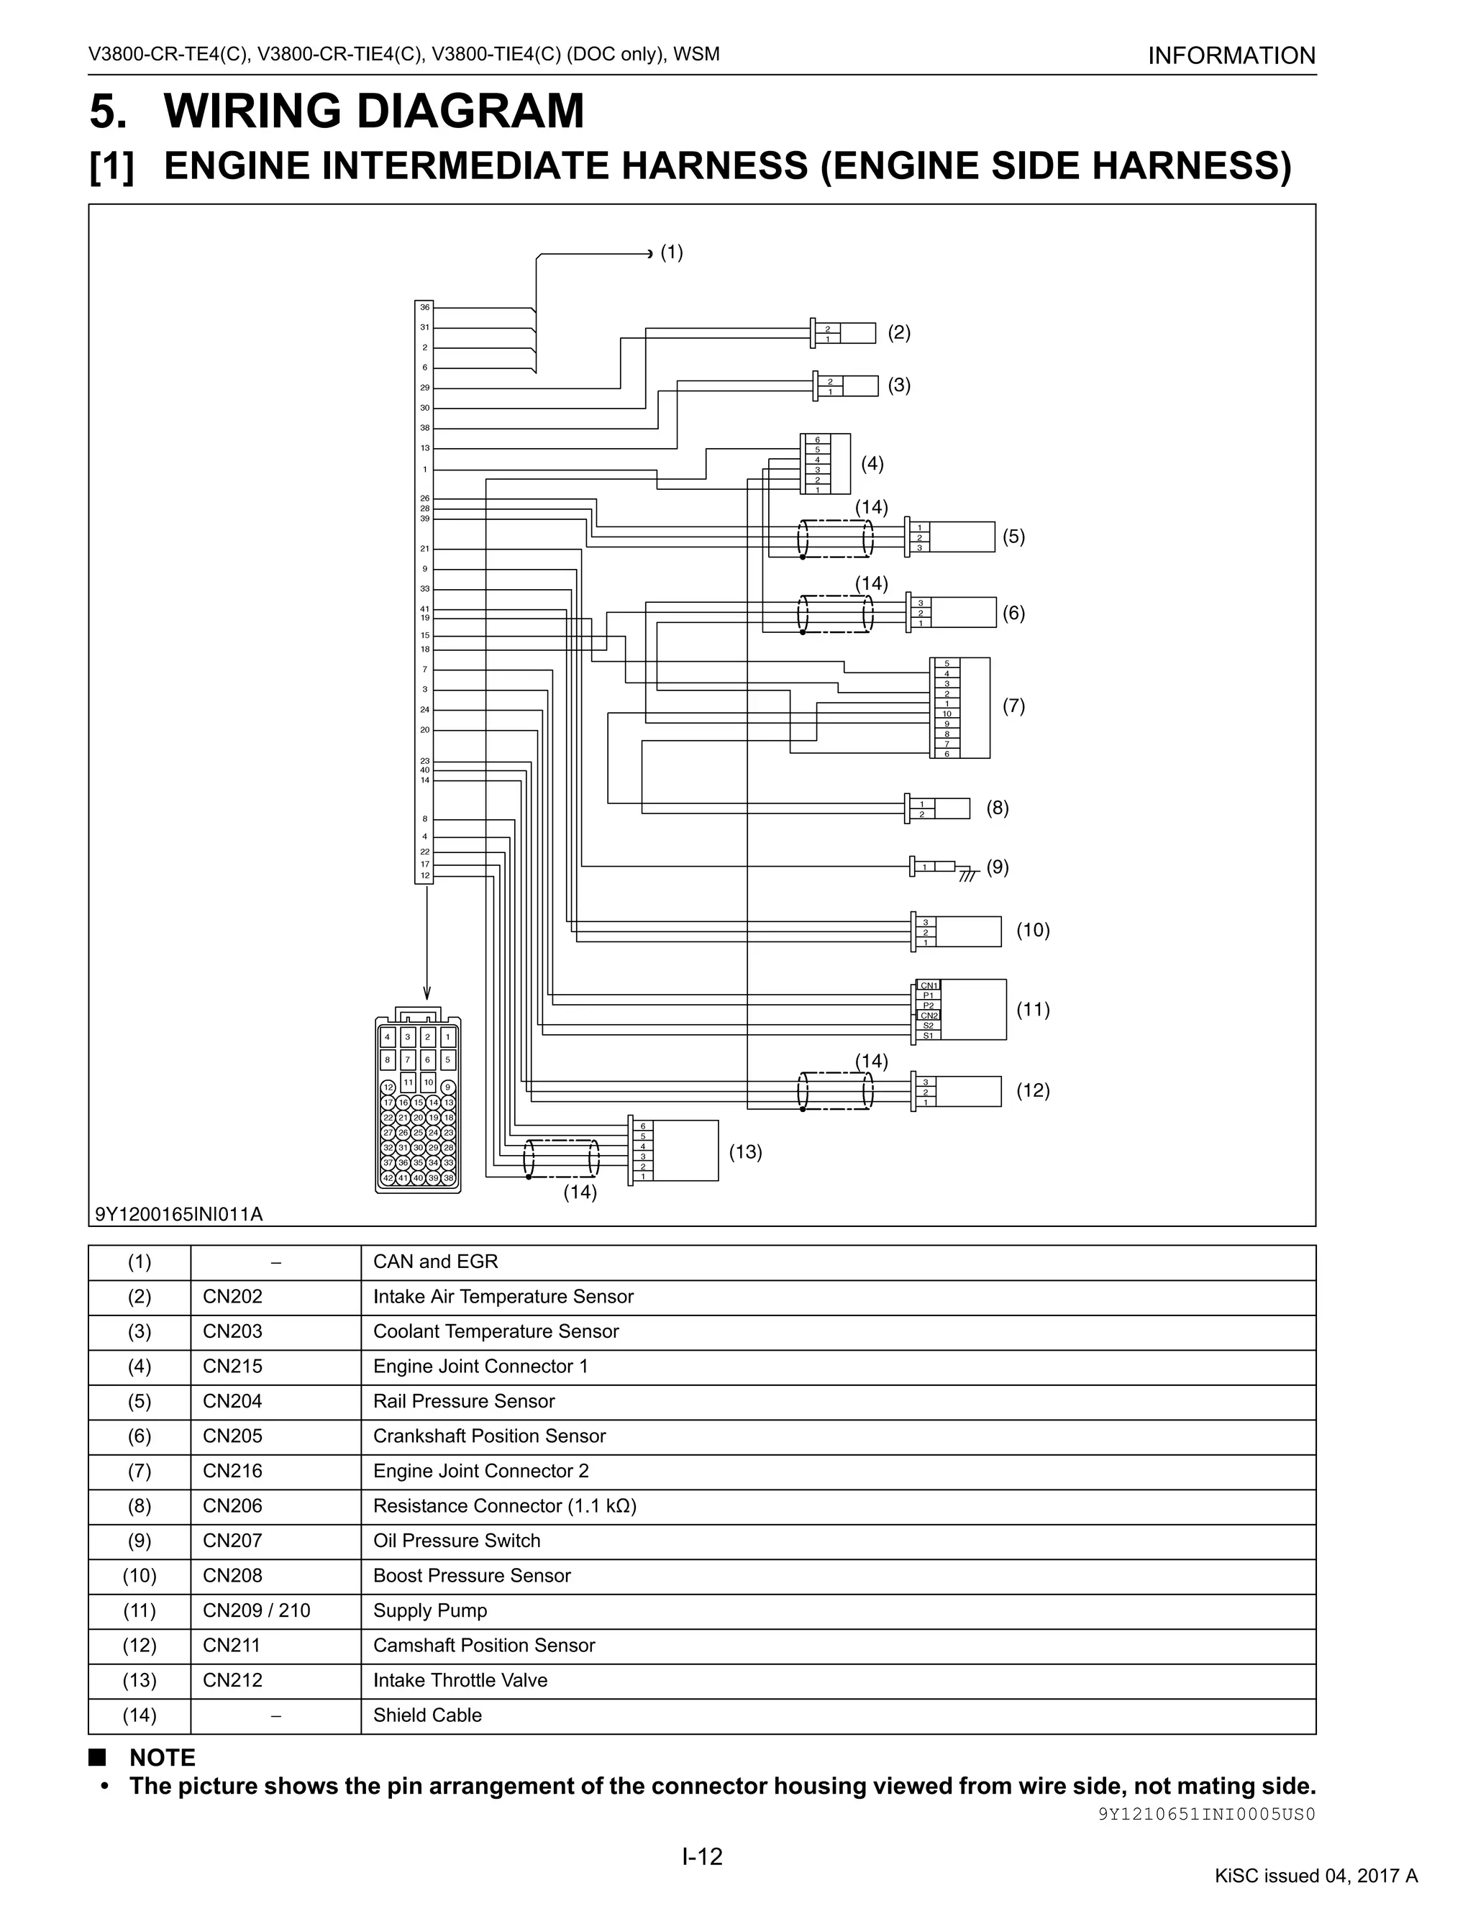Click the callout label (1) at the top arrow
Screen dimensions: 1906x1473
click(x=671, y=252)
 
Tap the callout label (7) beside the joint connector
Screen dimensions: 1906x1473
click(x=1013, y=706)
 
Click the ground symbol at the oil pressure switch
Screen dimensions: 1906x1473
click(x=966, y=875)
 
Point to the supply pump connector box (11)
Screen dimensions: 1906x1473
click(x=972, y=1009)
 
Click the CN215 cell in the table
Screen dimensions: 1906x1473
click(x=232, y=1366)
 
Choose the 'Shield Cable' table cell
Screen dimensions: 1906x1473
click(x=428, y=1715)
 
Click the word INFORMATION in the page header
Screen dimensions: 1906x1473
click(x=1231, y=56)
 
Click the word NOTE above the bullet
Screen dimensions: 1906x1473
click(x=163, y=1758)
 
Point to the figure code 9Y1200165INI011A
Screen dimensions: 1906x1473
click(x=179, y=1214)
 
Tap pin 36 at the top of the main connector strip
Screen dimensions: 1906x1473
click(x=424, y=307)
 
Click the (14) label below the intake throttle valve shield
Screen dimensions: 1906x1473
click(x=580, y=1192)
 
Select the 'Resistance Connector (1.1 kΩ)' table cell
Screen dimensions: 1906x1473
click(x=504, y=1505)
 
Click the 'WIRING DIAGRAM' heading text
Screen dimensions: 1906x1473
click(x=373, y=111)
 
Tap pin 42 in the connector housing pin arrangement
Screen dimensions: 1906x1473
click(x=388, y=1177)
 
